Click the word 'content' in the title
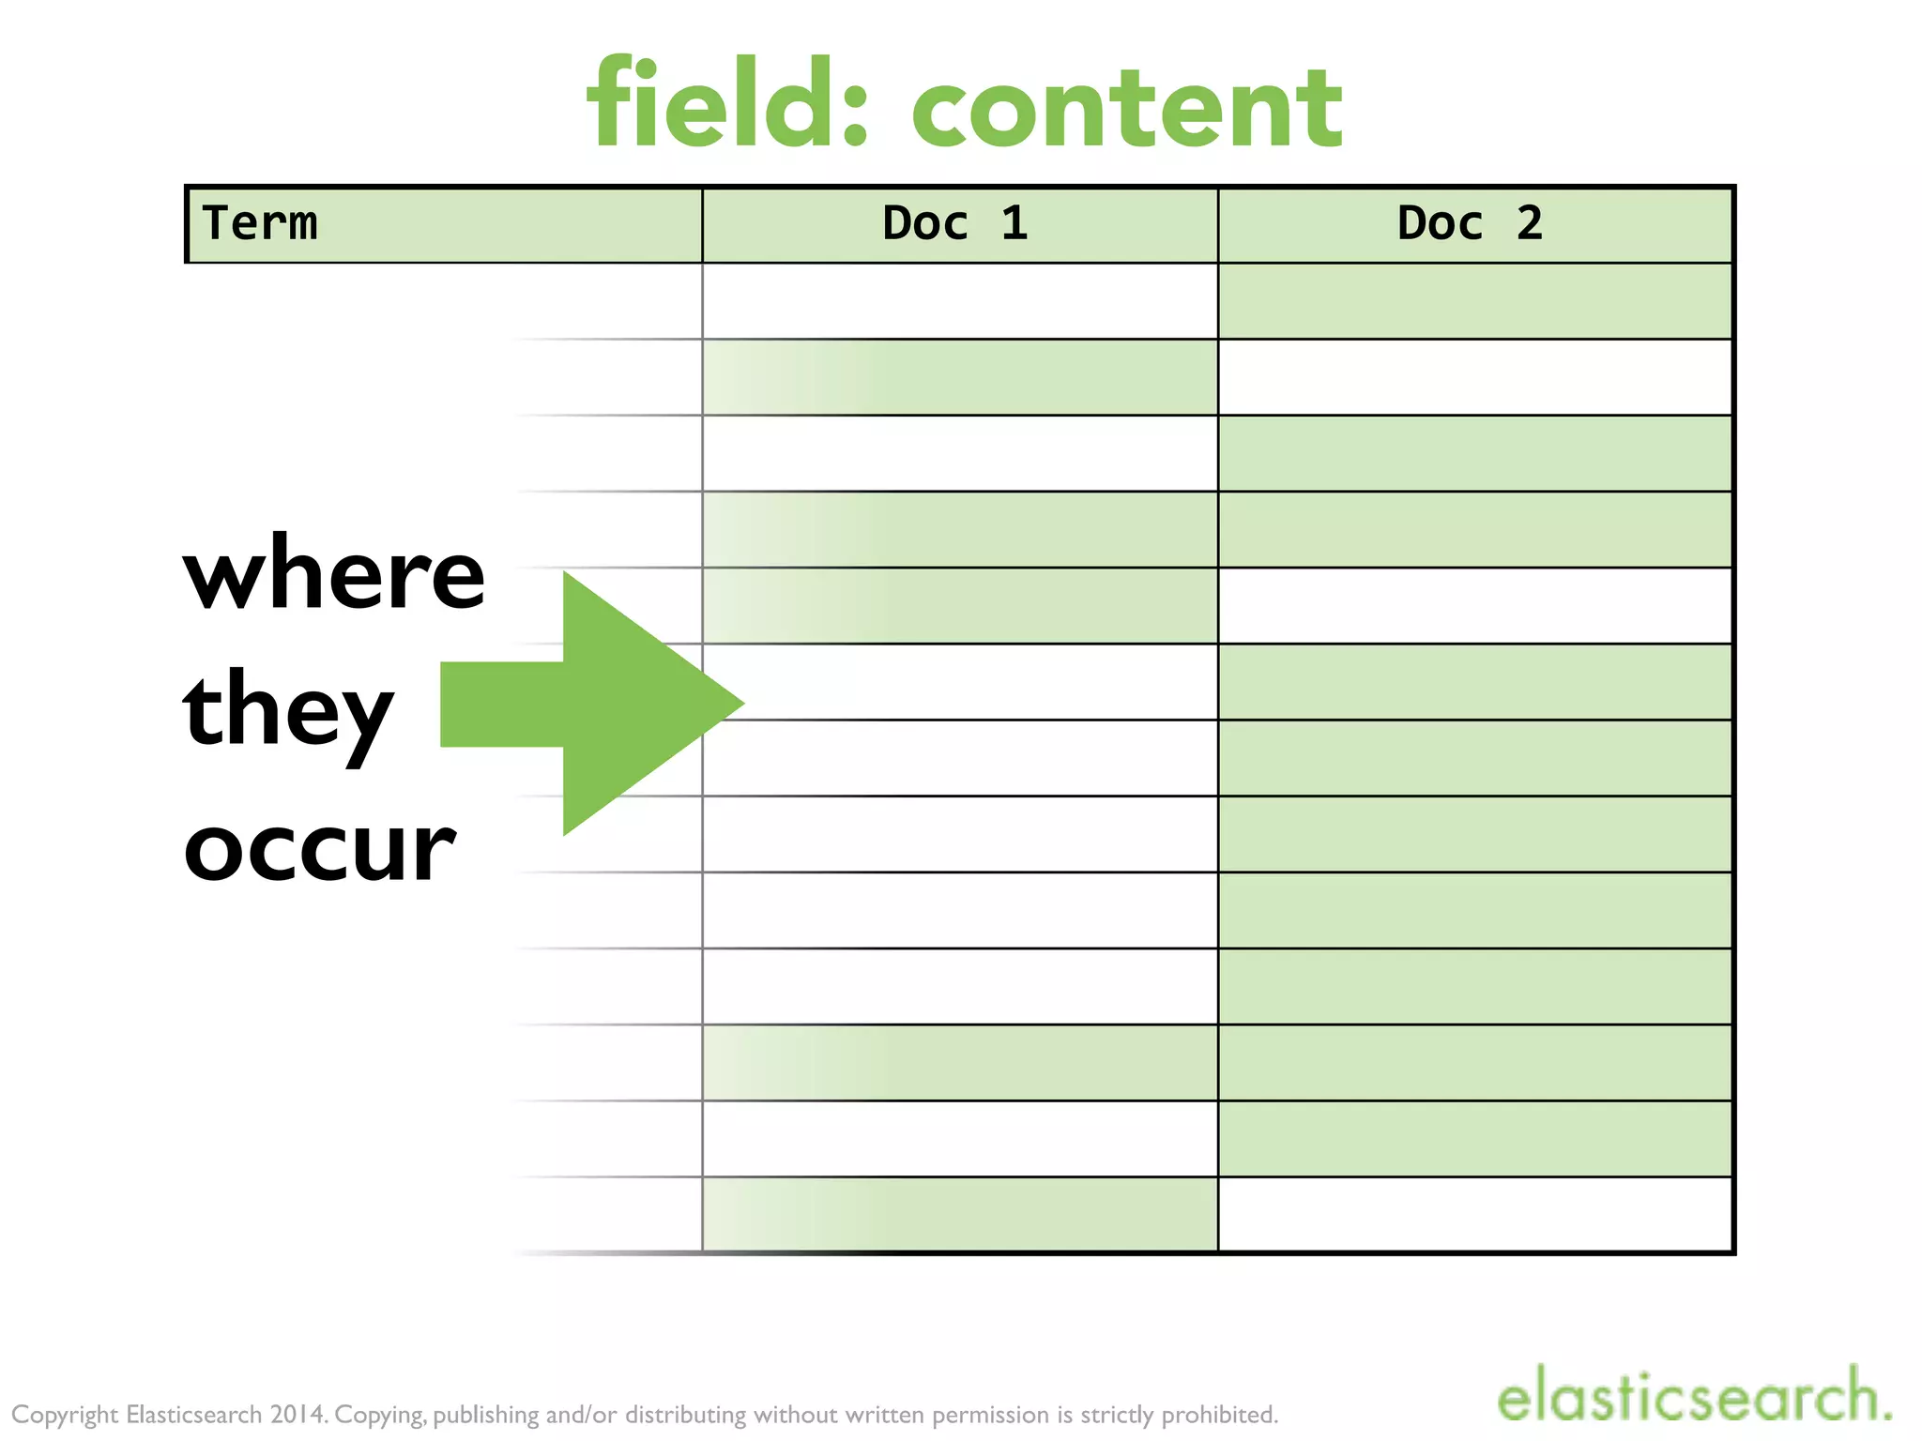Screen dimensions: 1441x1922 point(1127,111)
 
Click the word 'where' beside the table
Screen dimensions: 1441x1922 point(334,574)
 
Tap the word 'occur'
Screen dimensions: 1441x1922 point(320,847)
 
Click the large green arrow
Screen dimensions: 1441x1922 point(601,704)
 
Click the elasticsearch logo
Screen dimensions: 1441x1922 point(1693,1395)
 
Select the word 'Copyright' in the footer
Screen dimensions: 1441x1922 point(65,1415)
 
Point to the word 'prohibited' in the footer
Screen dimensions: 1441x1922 point(1219,1415)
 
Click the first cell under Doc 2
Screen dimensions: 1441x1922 point(1475,301)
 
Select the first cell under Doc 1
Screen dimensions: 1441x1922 point(960,301)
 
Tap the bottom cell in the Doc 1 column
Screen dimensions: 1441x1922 point(960,1214)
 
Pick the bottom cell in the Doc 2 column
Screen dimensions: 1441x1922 point(1475,1214)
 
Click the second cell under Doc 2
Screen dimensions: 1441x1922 point(1475,377)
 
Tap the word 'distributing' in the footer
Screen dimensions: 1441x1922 point(686,1415)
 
